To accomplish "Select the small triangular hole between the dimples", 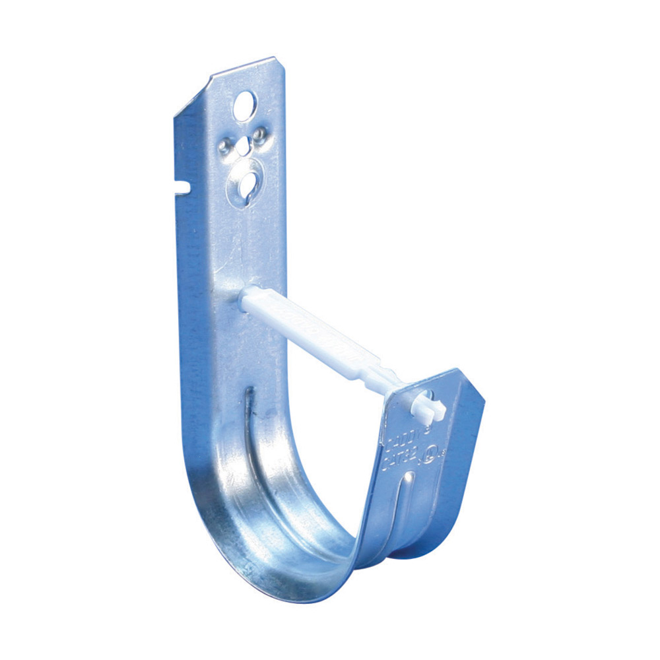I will pyautogui.click(x=244, y=145).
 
